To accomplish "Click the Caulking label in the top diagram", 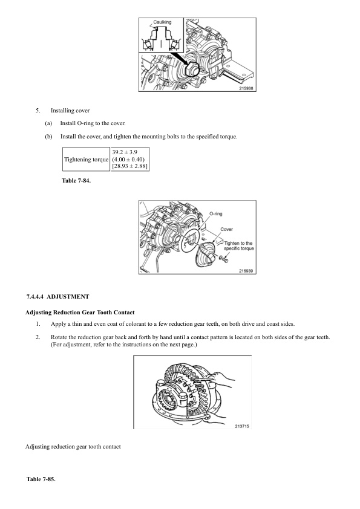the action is [x=162, y=22].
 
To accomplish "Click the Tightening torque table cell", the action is [x=87, y=159].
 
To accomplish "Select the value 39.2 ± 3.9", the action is [x=126, y=151].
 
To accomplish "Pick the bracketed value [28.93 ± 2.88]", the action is [x=130, y=166].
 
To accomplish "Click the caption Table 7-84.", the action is [x=76, y=180].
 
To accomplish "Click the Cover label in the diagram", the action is [x=227, y=229].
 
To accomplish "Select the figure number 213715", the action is [x=242, y=426].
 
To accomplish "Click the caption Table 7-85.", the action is [x=41, y=479].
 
